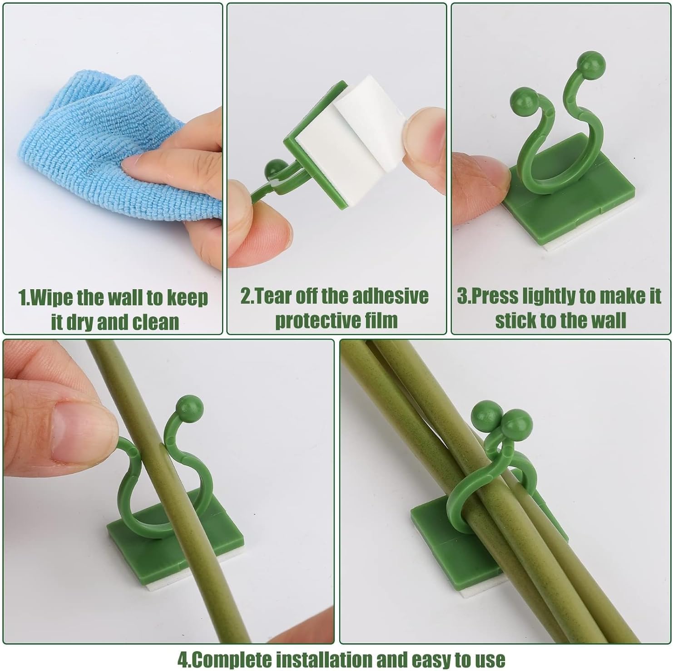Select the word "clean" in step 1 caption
coord(155,322)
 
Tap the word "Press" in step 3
coord(495,296)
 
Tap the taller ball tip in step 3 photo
coord(590,65)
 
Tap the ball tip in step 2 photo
coord(274,168)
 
